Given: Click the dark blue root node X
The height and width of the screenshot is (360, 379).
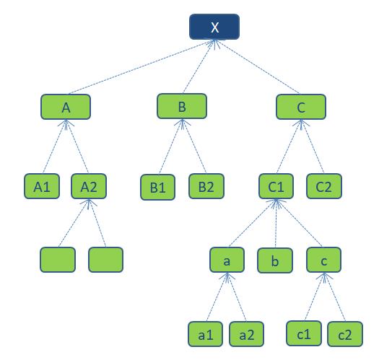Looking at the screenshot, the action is (214, 27).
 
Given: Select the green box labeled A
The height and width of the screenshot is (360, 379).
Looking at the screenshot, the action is (66, 107).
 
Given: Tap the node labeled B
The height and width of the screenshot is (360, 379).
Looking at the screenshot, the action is (182, 106).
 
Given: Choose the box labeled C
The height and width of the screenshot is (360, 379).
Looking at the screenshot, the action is (301, 107).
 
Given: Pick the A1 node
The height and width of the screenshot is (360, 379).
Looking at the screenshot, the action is (42, 186).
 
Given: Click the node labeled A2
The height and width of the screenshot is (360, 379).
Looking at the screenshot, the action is (89, 186).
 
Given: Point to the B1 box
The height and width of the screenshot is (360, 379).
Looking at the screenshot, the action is (157, 188).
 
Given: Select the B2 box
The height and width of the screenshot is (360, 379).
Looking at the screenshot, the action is (206, 186).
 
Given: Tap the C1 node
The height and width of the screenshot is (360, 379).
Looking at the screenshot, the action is (276, 186).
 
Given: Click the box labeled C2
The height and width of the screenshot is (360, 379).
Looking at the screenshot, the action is (324, 186).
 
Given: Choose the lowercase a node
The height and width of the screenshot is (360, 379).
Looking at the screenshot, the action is (227, 260).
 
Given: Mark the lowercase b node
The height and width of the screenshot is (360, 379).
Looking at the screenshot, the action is (275, 260).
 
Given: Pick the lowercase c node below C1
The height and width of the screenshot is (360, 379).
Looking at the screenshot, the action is (324, 260).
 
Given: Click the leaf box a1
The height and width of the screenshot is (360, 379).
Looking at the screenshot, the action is (206, 334).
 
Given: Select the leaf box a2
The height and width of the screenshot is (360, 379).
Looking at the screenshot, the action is (247, 334).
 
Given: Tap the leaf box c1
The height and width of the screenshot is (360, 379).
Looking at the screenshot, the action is (304, 333).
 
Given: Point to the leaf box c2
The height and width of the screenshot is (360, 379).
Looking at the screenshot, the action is (345, 334).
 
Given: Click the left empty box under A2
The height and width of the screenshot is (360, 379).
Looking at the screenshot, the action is (58, 260).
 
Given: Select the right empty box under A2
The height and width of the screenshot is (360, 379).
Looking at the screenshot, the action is (105, 260).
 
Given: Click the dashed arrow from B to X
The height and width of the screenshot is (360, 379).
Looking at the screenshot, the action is (199, 66).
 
